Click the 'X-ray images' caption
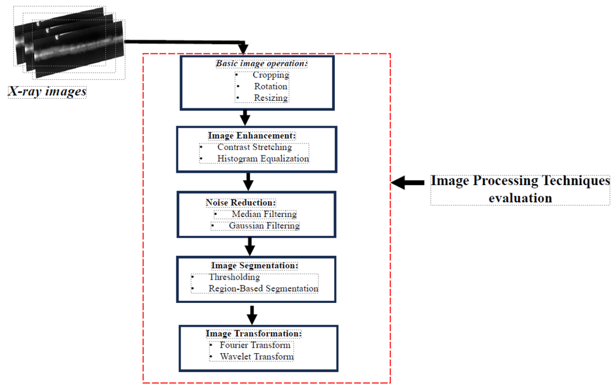pyautogui.click(x=47, y=91)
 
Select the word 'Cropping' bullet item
pyautogui.click(x=271, y=75)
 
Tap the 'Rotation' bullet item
pyautogui.click(x=271, y=87)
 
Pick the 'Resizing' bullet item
pyautogui.click(x=271, y=98)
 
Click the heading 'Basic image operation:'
pyautogui.click(x=261, y=63)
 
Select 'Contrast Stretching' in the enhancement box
pyautogui.click(x=254, y=147)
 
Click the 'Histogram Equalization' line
pyautogui.click(x=263, y=159)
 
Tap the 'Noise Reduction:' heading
pyautogui.click(x=241, y=203)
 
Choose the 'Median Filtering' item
pyautogui.click(x=264, y=214)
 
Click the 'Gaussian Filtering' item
pyautogui.click(x=264, y=226)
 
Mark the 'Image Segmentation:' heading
pyautogui.click(x=254, y=265)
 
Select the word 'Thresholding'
pyautogui.click(x=234, y=277)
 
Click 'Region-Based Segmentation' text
pyautogui.click(x=263, y=288)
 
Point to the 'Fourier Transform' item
pyautogui.click(x=255, y=345)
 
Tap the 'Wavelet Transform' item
pyautogui.click(x=257, y=357)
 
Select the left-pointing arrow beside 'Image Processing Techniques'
pyautogui.click(x=408, y=183)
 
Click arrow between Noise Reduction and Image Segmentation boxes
pyautogui.click(x=250, y=246)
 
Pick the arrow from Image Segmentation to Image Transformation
pyautogui.click(x=252, y=315)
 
